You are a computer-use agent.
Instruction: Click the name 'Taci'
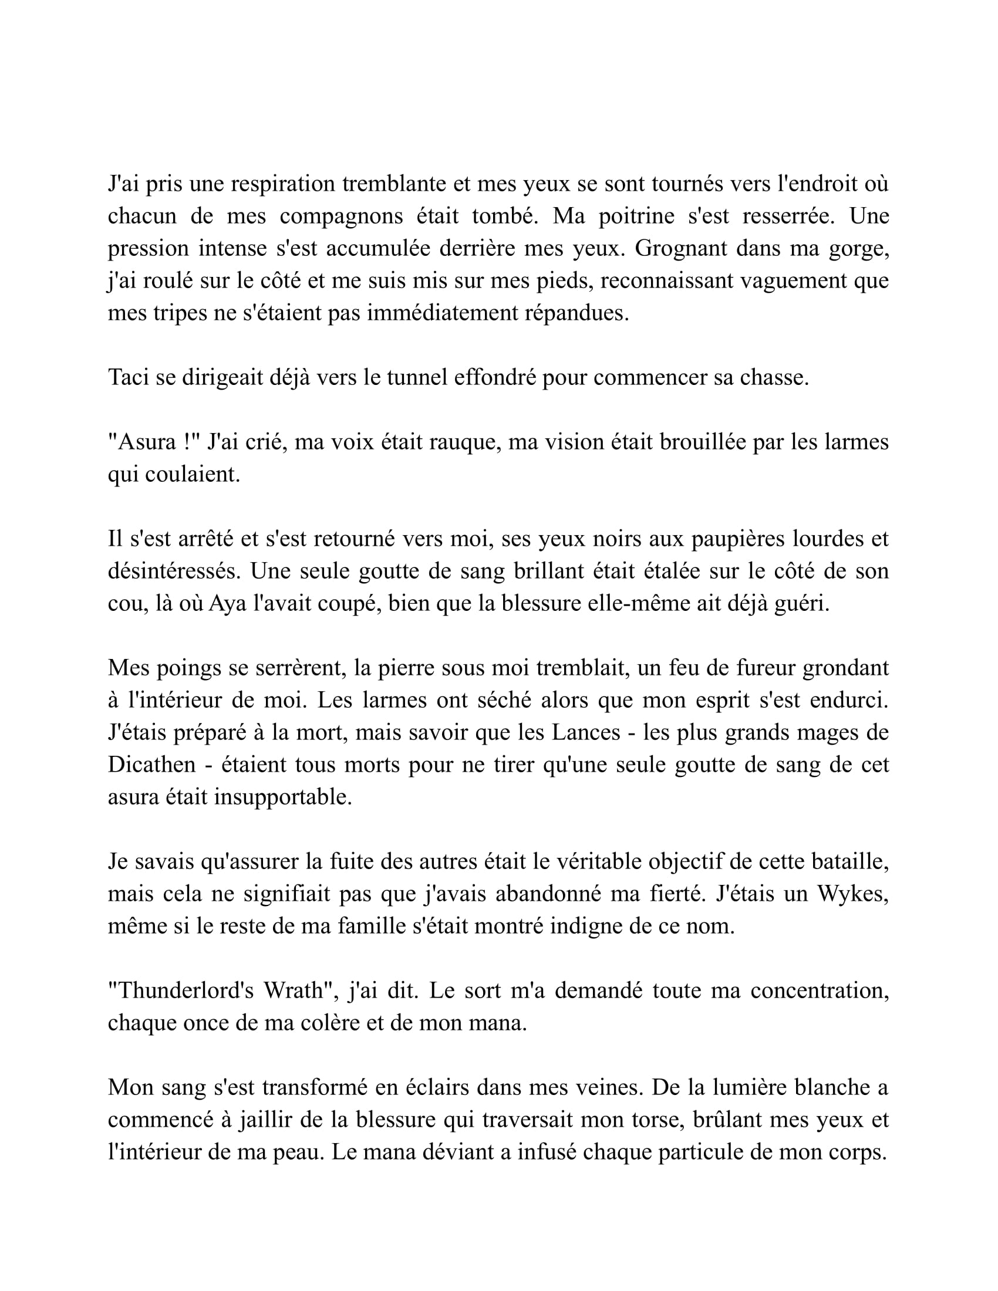pyautogui.click(x=128, y=377)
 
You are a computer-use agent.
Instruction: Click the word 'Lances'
pyautogui.click(x=586, y=732)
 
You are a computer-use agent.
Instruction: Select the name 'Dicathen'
pyautogui.click(x=151, y=764)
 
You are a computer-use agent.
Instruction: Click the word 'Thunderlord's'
pyautogui.click(x=181, y=990)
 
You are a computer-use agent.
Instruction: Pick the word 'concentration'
pyautogui.click(x=820, y=990)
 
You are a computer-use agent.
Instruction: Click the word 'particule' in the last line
pyautogui.click(x=715, y=1151)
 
